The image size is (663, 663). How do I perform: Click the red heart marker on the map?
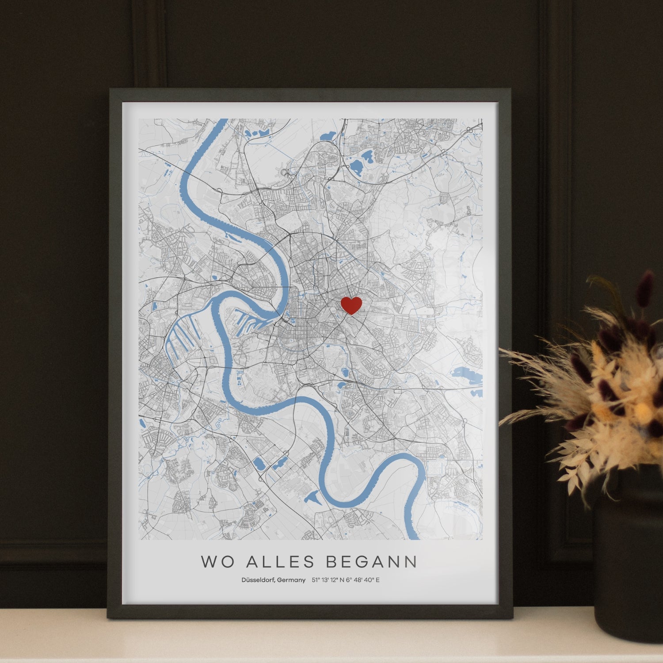pos(351,305)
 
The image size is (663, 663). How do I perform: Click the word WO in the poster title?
pos(215,562)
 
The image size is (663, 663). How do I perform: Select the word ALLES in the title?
pos(280,562)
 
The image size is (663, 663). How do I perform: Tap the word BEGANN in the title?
pos(371,562)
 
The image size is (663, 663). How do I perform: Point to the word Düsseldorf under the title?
pos(257,580)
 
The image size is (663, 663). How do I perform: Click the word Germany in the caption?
pos(291,580)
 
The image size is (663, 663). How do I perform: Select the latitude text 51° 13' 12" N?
pos(328,580)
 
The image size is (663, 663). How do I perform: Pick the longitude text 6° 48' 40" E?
pos(363,580)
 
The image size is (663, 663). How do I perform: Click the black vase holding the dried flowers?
pos(628,552)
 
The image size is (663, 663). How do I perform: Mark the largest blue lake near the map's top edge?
pos(356,166)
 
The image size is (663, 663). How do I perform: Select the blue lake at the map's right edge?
pos(466,376)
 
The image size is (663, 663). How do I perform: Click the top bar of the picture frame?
pos(309,95)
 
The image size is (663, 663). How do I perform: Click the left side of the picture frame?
pos(114,354)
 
